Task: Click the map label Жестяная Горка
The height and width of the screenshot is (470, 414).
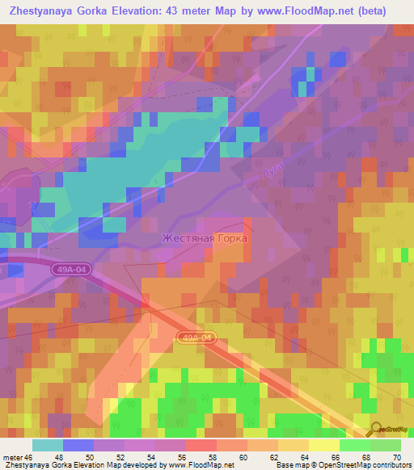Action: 204,239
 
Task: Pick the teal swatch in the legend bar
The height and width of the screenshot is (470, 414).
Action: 48,445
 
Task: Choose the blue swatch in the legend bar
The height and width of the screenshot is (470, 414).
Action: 78,445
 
